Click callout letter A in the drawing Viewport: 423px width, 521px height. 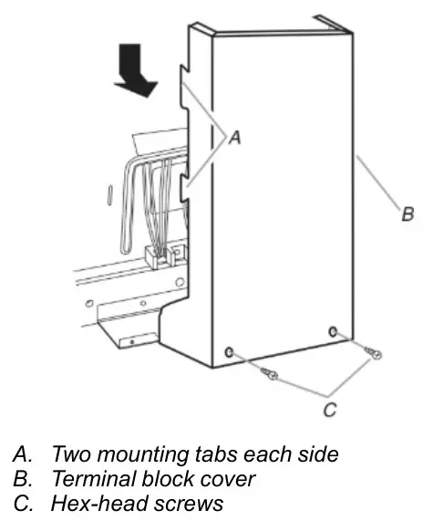[233, 138]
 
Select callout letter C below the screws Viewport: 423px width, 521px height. [330, 409]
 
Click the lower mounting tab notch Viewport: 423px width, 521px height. [186, 188]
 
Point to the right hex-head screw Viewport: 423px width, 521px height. [373, 353]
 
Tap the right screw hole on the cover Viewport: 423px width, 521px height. [335, 329]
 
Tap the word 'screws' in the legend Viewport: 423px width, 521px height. [170, 502]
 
